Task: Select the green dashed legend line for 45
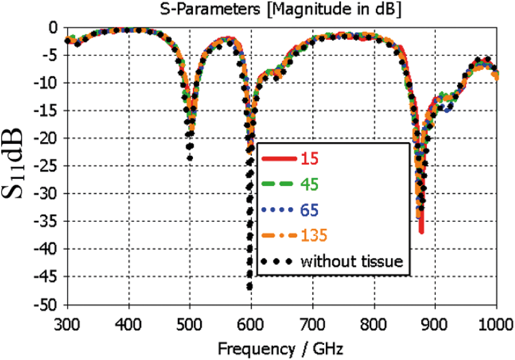[x=278, y=184]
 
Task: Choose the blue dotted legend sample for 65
[x=278, y=210]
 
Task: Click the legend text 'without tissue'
[x=351, y=261]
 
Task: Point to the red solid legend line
[x=278, y=159]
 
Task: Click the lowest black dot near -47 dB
[x=249, y=286]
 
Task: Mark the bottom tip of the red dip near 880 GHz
[x=421, y=232]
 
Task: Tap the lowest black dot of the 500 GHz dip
[x=190, y=158]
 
